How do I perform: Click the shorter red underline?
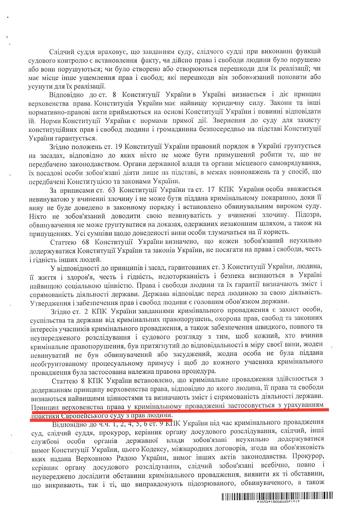point(100,420)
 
